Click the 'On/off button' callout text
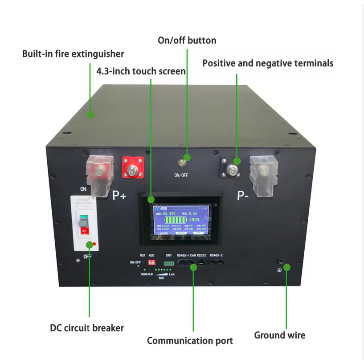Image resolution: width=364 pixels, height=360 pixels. [x=187, y=41]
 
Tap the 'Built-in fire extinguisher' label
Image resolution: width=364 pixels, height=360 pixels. [x=73, y=54]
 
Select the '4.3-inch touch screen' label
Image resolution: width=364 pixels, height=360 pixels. [x=141, y=71]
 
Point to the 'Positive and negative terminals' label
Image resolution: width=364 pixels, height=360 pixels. [x=268, y=63]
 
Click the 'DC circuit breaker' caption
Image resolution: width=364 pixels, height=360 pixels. [x=87, y=328]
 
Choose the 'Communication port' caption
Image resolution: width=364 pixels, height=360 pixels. [x=190, y=341]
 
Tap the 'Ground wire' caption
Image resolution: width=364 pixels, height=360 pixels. [x=280, y=335]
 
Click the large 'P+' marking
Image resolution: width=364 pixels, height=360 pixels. [x=119, y=195]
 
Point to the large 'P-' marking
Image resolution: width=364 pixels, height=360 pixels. [x=243, y=195]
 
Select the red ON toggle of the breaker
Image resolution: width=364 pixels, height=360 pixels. [x=84, y=230]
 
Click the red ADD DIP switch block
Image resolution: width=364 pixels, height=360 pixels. [x=151, y=263]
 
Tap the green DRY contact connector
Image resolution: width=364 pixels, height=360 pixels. [x=168, y=263]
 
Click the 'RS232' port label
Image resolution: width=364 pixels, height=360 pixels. [x=202, y=255]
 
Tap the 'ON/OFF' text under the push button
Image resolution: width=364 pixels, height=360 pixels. [x=181, y=175]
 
